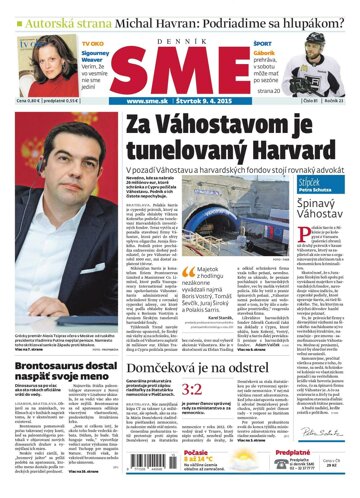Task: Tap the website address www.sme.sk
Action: point(148,100)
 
